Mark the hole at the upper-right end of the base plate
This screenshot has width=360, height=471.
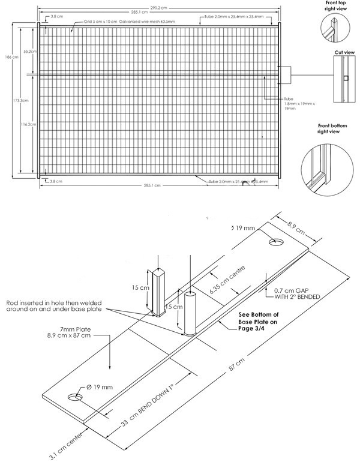click(x=276, y=241)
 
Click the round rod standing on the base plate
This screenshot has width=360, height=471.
click(x=190, y=313)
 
